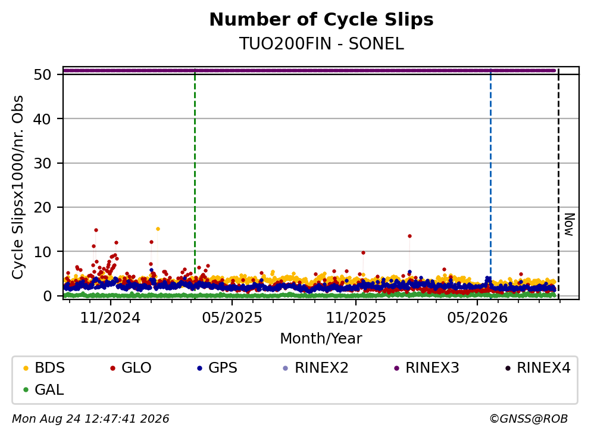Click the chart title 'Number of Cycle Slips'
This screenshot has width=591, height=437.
coord(321,20)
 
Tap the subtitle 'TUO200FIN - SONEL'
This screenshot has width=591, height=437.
coord(321,43)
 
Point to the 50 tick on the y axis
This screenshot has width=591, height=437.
coord(43,74)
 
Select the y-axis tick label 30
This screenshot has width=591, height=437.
coord(43,163)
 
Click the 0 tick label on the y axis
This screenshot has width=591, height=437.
coord(48,296)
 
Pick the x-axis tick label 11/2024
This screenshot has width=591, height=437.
coord(110,318)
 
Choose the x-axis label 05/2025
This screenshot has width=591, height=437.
coord(232,318)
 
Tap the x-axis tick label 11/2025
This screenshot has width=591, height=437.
coord(356,318)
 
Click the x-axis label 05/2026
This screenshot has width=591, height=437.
coord(477,318)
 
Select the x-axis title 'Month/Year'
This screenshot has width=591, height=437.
coord(321,339)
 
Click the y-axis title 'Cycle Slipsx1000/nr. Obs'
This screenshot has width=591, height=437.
coord(18,188)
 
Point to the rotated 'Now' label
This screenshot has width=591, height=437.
coord(569,224)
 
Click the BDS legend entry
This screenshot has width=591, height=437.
coord(43,367)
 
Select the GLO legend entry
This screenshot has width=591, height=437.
coord(130,367)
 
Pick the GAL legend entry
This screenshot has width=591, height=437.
coord(43,389)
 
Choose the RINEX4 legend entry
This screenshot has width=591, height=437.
coord(538,367)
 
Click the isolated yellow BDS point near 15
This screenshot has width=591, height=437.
coord(158,229)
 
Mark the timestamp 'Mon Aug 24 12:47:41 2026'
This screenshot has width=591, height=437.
coord(90,419)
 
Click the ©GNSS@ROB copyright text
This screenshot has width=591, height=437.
coord(529,419)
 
